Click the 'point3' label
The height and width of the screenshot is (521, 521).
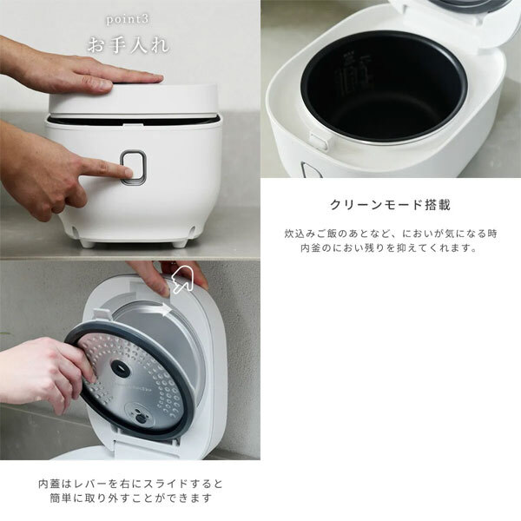click(x=128, y=19)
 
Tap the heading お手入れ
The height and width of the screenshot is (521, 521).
click(x=129, y=45)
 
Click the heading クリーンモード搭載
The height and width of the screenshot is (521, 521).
click(x=390, y=205)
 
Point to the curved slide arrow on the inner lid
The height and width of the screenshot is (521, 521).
click(x=155, y=310)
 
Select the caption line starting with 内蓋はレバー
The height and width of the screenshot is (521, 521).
click(x=130, y=484)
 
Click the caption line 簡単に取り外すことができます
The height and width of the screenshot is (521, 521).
click(x=130, y=498)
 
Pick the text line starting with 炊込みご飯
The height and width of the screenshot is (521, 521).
click(x=391, y=234)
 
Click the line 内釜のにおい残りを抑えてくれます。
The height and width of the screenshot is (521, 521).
click(x=389, y=248)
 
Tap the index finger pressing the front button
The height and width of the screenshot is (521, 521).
click(x=106, y=168)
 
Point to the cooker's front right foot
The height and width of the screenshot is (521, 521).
click(x=180, y=243)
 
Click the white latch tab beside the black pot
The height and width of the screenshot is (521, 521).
click(x=319, y=140)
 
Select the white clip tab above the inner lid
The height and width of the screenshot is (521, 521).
click(x=102, y=315)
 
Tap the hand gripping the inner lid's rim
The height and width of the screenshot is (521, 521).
click(x=47, y=373)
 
